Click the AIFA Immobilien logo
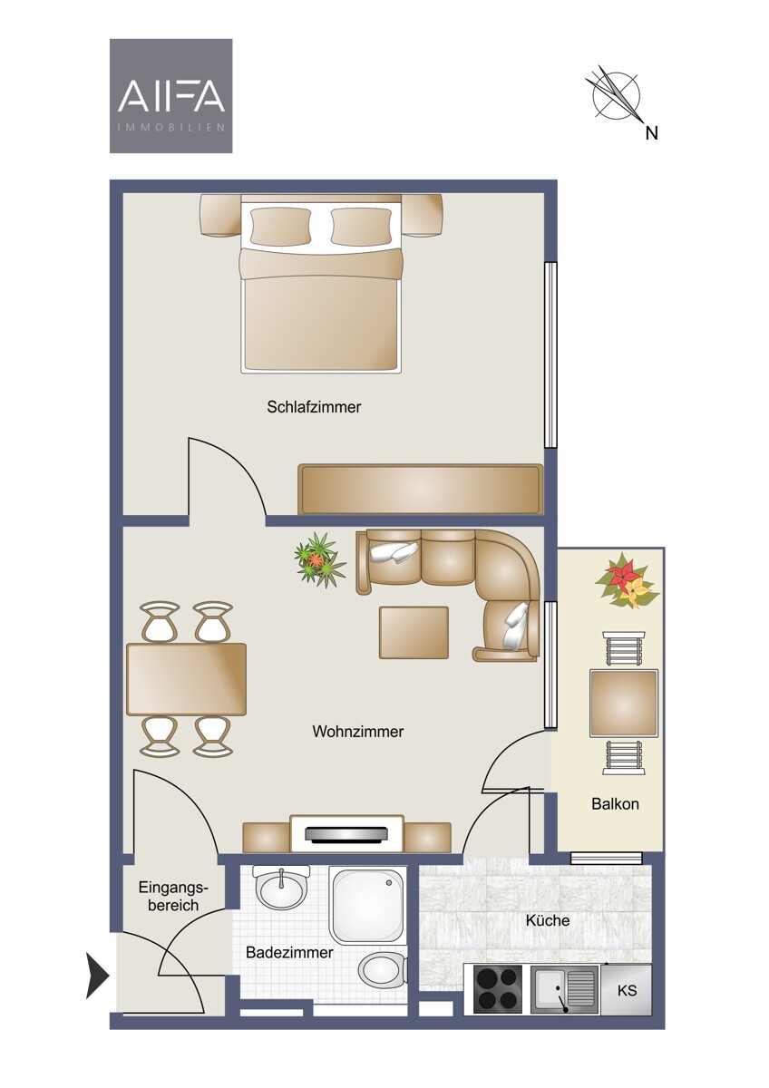tap(171, 96)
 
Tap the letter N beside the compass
tap(651, 133)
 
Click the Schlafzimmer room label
tap(314, 407)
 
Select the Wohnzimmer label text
tap(358, 732)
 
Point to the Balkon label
tap(615, 804)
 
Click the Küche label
tap(548, 920)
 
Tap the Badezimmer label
tap(289, 952)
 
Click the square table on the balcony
tap(624, 704)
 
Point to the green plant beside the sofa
tap(319, 559)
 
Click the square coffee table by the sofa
tap(414, 633)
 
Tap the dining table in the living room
tap(186, 679)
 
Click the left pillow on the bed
tap(280, 227)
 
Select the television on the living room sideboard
tap(346, 833)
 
